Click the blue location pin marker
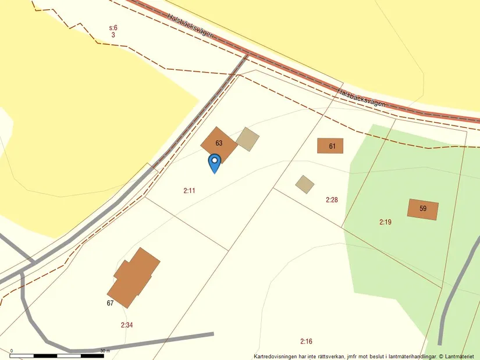click(214, 162)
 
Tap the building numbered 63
click(219, 144)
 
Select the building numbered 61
click(330, 146)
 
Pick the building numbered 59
click(422, 209)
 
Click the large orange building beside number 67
click(133, 277)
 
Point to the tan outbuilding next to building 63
click(247, 139)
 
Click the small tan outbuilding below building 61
click(304, 184)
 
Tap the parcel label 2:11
click(189, 190)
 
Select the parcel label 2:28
click(332, 199)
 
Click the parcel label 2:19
click(385, 222)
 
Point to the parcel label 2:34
click(127, 325)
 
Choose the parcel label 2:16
click(307, 341)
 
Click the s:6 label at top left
click(113, 27)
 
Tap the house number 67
click(110, 303)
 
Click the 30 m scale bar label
click(105, 351)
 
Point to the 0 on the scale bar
click(12, 351)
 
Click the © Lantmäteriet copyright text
click(458, 356)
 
